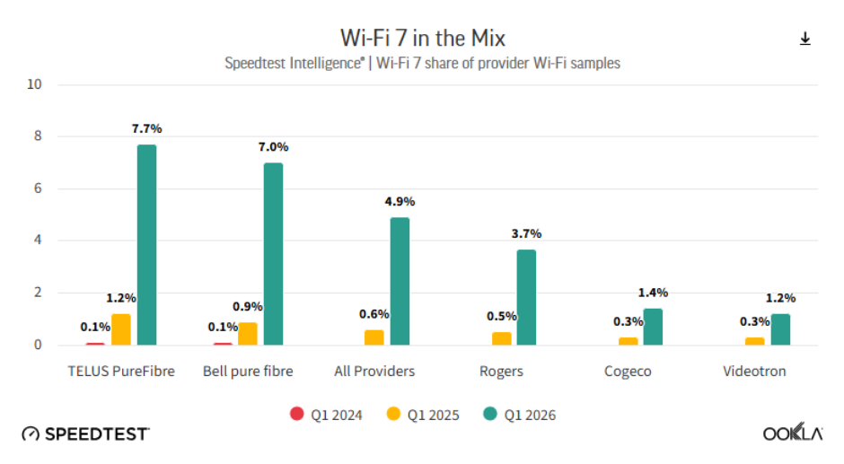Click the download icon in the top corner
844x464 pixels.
point(804,39)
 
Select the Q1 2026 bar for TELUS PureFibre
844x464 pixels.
point(147,245)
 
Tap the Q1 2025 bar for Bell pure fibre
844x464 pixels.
point(248,334)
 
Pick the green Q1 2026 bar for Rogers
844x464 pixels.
point(526,297)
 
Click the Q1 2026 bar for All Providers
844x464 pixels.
point(400,282)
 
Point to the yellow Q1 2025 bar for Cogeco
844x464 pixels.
point(629,341)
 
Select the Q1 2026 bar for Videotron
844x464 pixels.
point(780,329)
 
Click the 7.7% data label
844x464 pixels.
point(147,128)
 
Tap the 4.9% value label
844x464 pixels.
point(400,202)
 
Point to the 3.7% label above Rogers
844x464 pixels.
point(526,233)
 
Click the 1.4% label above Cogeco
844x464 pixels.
point(653,293)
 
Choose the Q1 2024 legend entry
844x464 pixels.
point(326,415)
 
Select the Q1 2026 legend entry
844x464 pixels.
point(520,415)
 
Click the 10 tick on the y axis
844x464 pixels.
point(34,84)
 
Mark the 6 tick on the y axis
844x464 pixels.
point(38,188)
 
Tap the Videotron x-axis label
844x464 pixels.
point(754,372)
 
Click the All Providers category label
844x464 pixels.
point(374,372)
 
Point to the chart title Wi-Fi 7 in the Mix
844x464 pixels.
point(423,39)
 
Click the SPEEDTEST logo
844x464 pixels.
point(86,433)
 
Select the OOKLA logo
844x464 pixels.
point(793,433)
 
